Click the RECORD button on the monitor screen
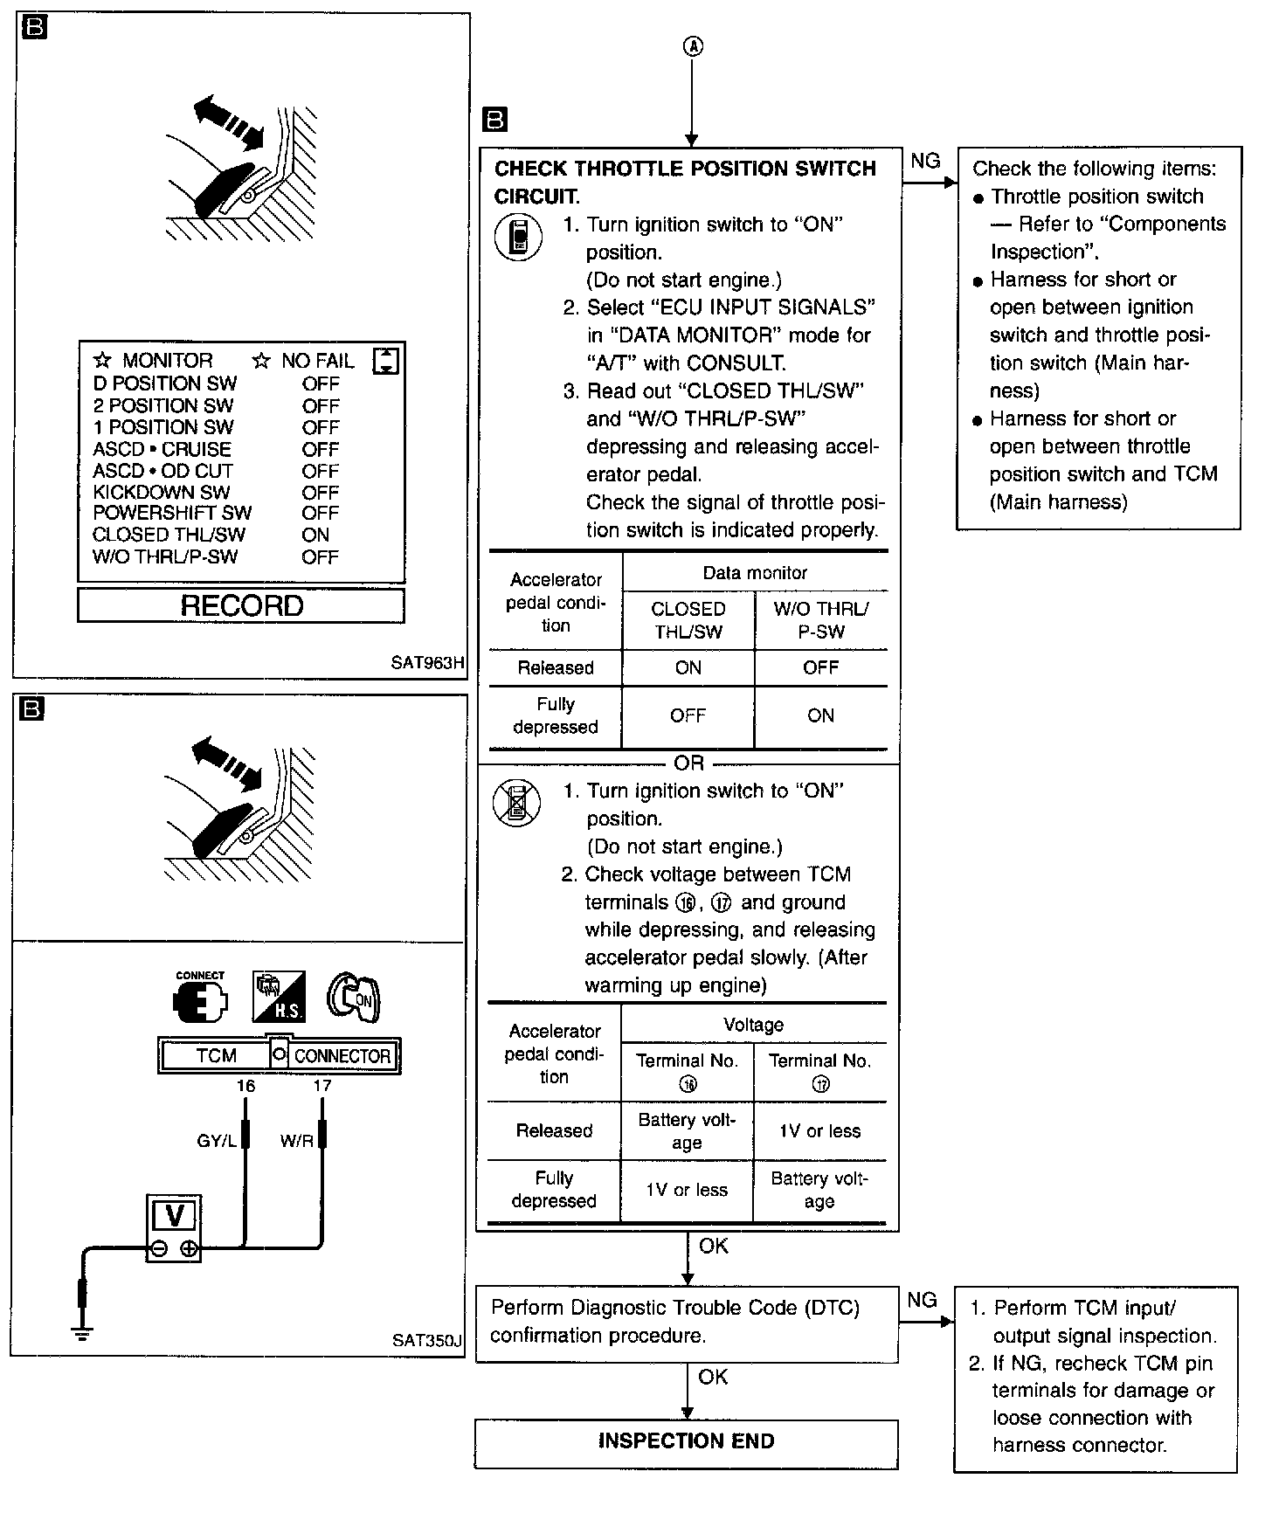tap(241, 605)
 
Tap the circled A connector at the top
tap(692, 47)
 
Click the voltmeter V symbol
tap(174, 1216)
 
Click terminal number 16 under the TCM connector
tap(245, 1086)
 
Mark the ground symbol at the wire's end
tap(82, 1332)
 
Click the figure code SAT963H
tap(426, 662)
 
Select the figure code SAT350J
tap(426, 1340)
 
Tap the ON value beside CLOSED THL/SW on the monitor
tap(315, 535)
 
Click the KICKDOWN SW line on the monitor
tap(162, 492)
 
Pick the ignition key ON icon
tap(355, 997)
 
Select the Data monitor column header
tap(755, 573)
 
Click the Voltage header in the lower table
tap(753, 1025)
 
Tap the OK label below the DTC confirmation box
tap(713, 1377)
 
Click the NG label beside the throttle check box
tap(925, 161)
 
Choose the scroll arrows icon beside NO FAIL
tap(385, 361)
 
